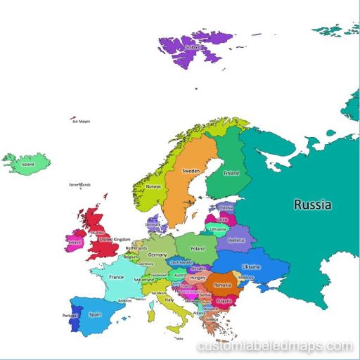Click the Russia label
(x=313, y=205)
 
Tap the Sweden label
(x=191, y=171)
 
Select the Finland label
(x=231, y=173)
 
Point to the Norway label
(x=153, y=187)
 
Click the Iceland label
(x=28, y=165)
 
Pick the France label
(x=116, y=277)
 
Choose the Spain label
(x=95, y=315)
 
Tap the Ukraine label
(x=252, y=267)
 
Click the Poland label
(x=197, y=248)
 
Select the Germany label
(x=157, y=255)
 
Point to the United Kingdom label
(x=115, y=240)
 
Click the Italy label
(x=169, y=300)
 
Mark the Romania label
(x=222, y=285)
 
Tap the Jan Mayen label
(x=82, y=121)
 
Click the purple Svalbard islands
(x=190, y=49)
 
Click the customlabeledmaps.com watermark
(x=275, y=346)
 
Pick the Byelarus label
(x=236, y=240)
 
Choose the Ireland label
(x=75, y=242)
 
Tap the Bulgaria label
(x=224, y=301)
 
